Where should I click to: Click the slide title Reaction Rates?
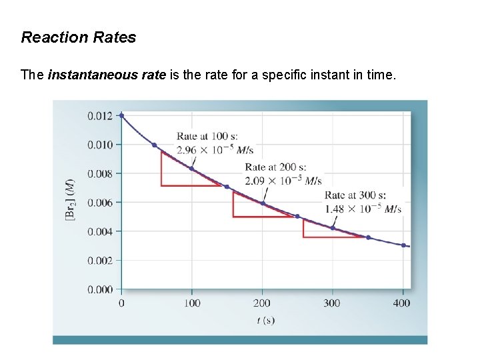coord(78,37)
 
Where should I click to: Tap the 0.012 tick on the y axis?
coord(100,115)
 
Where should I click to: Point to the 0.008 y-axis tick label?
coord(100,173)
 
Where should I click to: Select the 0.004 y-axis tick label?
coord(100,231)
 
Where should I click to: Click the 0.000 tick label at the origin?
coord(100,289)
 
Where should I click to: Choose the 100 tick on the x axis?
coord(192,303)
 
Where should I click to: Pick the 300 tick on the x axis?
coord(332,303)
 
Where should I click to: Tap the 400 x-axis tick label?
coord(403,303)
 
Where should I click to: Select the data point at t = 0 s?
coord(121,115)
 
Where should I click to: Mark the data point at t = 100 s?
coord(192,169)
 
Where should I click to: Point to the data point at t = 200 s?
coord(263,203)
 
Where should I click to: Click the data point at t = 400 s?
coord(403,245)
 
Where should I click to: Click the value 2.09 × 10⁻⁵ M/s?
coord(283,181)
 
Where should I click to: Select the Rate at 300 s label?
coord(355,195)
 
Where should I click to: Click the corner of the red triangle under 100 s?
coord(162,185)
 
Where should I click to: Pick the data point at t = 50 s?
coord(155,145)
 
